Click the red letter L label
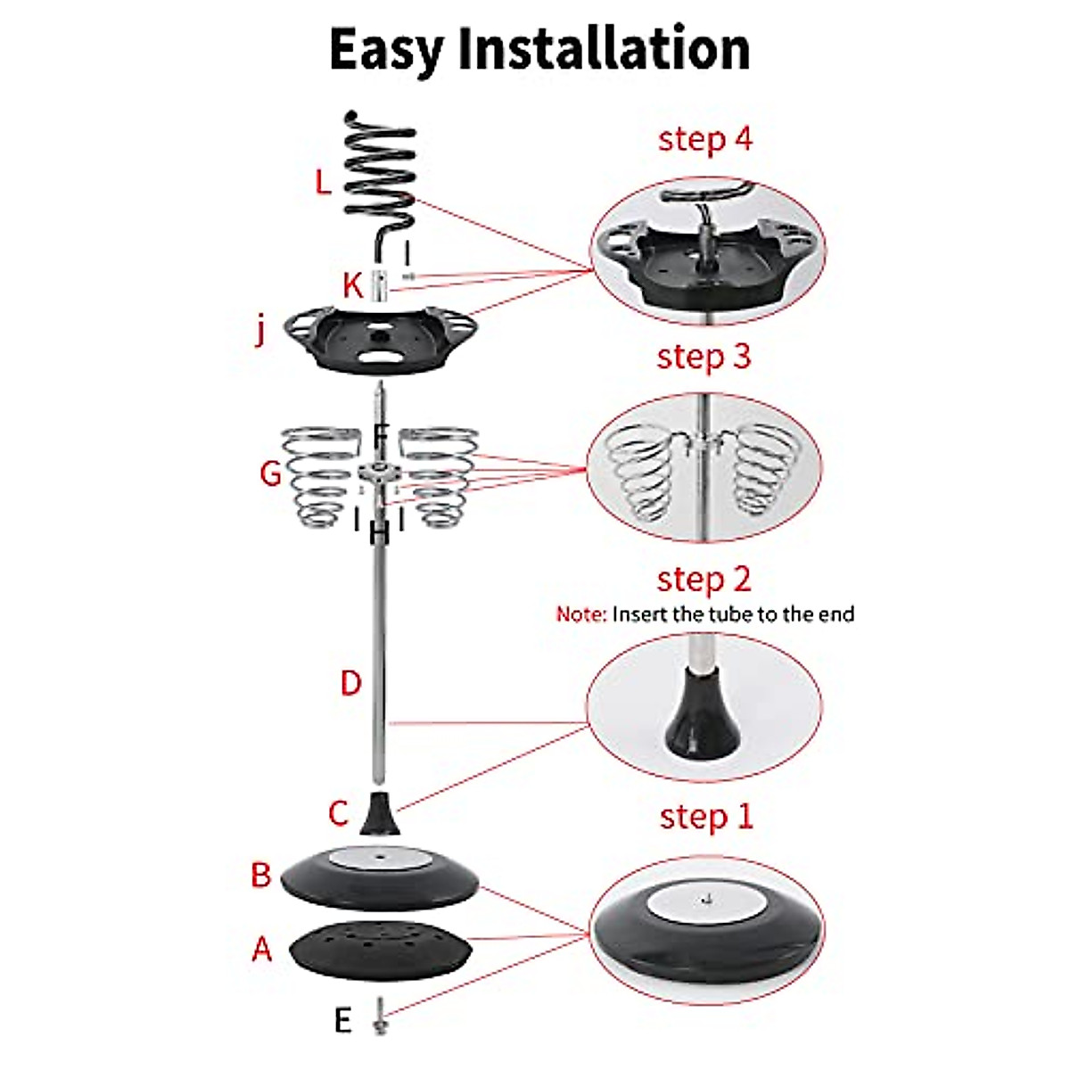pos(323,183)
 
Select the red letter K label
pos(353,286)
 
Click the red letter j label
pos(260,331)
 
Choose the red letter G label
pos(270,473)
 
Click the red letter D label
pos(350,683)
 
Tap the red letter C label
pos(338,813)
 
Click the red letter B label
pos(260,875)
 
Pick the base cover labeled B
pos(380,877)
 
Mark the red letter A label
pos(261,950)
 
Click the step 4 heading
pos(704,139)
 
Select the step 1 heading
pos(705,816)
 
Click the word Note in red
pos(581,614)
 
